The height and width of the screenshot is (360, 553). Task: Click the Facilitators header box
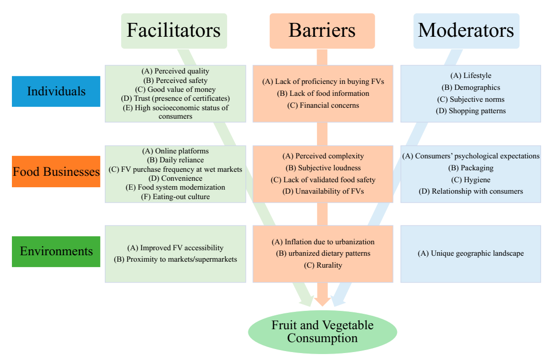click(174, 31)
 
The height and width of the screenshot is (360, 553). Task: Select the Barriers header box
click(322, 31)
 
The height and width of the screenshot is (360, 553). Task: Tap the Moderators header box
click(466, 31)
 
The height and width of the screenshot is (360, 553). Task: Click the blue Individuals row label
click(56, 91)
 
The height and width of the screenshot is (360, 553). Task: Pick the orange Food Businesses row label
click(56, 172)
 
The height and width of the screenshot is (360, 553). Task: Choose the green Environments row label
click(56, 251)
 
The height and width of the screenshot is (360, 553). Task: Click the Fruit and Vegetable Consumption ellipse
click(322, 332)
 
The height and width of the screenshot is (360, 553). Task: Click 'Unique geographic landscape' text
click(471, 253)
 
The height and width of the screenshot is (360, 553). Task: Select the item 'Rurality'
click(323, 265)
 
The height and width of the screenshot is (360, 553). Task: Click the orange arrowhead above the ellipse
click(322, 300)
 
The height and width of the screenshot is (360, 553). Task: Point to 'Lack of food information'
click(323, 93)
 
